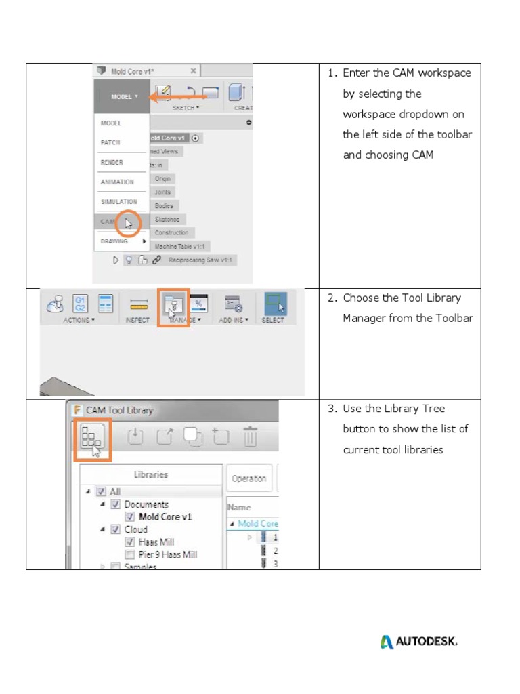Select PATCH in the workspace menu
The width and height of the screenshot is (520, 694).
(110, 143)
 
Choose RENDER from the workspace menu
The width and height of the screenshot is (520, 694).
(112, 163)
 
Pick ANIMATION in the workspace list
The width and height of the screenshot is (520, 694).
(117, 182)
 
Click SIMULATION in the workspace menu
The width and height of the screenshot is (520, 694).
(118, 202)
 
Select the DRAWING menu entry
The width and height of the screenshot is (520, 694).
(114, 241)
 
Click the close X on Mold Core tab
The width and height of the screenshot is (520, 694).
(193, 70)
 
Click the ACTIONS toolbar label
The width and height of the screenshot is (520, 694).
(79, 320)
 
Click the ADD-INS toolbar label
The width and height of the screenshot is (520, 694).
(234, 320)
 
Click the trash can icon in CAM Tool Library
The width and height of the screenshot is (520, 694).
(250, 437)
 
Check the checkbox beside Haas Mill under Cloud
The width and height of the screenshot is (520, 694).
(130, 542)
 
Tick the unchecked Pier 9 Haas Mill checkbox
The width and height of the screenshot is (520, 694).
(130, 554)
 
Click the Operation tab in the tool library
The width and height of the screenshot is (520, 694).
(248, 478)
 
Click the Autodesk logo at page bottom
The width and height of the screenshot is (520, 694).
(418, 641)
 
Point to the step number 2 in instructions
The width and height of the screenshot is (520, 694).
(332, 298)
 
